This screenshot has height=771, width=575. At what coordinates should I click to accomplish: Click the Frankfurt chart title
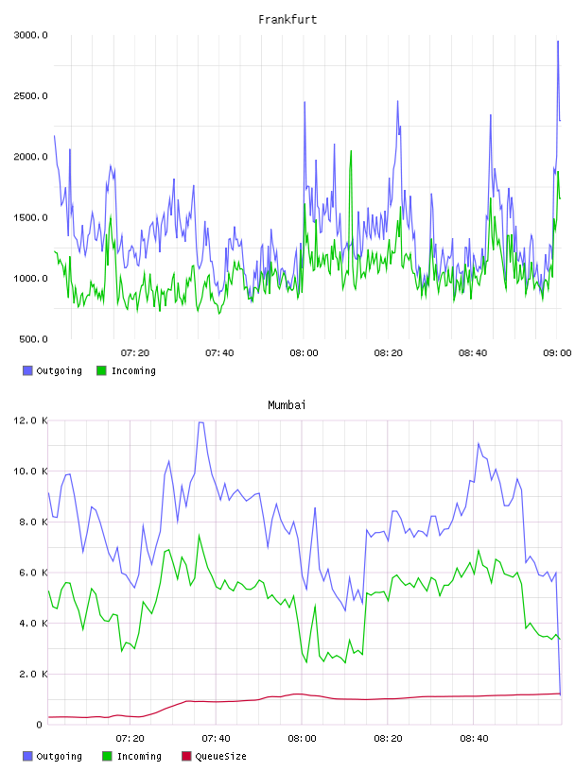[287, 20]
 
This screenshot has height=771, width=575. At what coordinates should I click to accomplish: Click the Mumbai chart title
[287, 405]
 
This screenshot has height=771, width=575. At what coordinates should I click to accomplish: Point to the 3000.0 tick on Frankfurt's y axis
[31, 35]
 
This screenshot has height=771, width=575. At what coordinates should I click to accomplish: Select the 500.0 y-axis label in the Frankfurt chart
[33, 339]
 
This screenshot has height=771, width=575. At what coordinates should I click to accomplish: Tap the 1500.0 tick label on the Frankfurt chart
[31, 217]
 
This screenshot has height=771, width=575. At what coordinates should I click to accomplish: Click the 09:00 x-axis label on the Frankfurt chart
[557, 352]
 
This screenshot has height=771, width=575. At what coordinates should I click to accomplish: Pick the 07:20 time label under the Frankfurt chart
[135, 352]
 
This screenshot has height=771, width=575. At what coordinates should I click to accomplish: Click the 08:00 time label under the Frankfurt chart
[304, 352]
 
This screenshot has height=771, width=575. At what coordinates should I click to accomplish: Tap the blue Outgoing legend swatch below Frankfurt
[27, 370]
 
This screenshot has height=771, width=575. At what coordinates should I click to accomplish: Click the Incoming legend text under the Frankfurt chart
[133, 370]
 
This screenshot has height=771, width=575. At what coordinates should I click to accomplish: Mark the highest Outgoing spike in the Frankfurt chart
[558, 42]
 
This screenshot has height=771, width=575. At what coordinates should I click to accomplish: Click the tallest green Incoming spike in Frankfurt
[351, 151]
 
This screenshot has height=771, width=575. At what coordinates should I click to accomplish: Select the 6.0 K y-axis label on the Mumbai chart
[33, 573]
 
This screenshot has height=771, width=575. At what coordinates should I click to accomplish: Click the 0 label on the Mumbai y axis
[40, 725]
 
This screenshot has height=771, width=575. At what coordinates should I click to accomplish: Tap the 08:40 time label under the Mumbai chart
[474, 738]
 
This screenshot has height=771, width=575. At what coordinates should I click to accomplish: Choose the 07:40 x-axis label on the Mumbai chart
[216, 738]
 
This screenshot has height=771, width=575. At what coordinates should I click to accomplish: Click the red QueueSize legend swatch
[186, 756]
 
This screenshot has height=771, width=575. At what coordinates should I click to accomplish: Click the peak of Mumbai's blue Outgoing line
[200, 422]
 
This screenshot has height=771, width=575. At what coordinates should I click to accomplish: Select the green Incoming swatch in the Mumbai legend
[107, 756]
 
